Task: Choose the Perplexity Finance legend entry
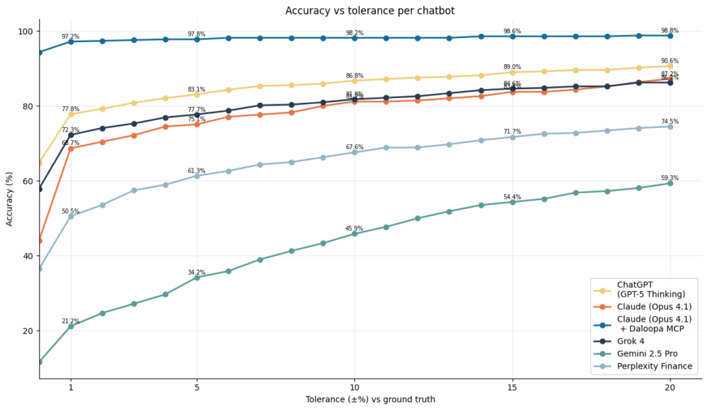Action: coord(654,366)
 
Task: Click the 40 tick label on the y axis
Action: coord(28,256)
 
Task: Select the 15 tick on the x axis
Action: coord(512,387)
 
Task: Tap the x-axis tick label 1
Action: coord(70,387)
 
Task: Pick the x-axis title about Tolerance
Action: coord(370,400)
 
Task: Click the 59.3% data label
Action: coord(669,177)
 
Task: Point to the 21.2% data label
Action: coord(70,321)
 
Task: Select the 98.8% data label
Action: coord(669,30)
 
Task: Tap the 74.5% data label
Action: coord(669,121)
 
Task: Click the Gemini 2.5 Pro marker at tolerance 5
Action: coord(197,277)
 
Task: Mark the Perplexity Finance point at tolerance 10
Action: coord(355,152)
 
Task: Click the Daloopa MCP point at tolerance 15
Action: coord(512,36)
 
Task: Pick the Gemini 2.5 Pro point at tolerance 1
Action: coord(70,326)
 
